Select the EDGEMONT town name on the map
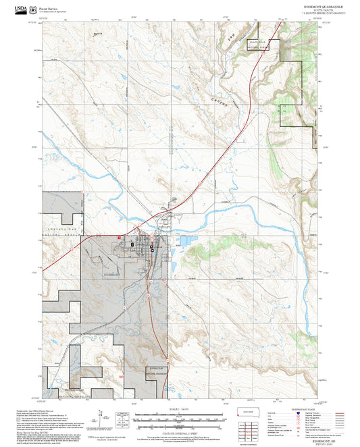113,275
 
